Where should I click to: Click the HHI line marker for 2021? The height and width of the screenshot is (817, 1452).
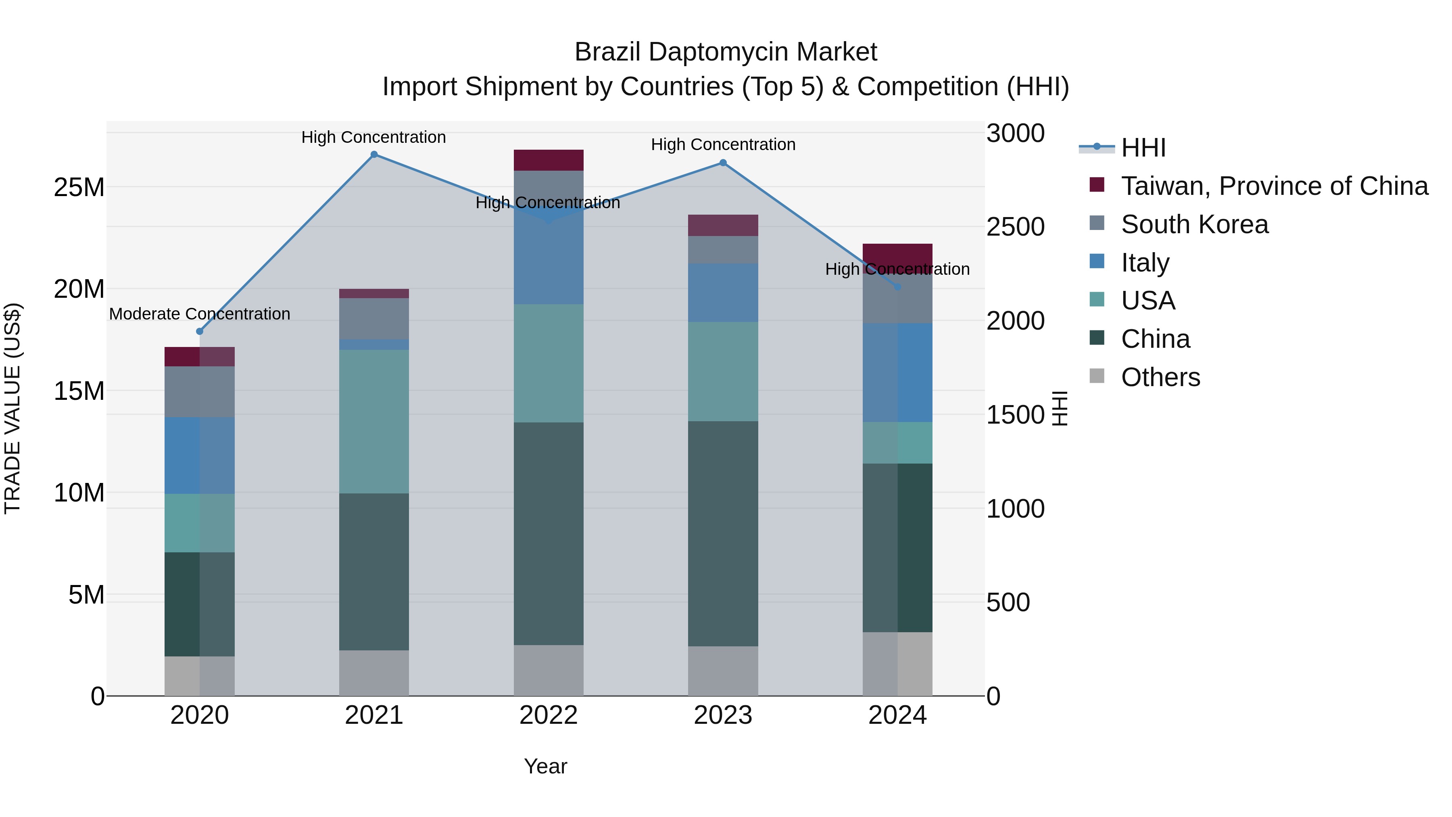pos(374,155)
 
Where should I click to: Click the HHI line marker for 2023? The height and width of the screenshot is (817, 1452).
pos(723,163)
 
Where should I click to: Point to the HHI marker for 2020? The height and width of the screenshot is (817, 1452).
pos(200,332)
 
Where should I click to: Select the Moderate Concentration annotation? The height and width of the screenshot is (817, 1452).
pos(200,314)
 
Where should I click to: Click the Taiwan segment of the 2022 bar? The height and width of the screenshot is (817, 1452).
pos(549,160)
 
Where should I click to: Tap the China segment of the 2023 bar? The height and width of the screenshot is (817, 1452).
pos(723,533)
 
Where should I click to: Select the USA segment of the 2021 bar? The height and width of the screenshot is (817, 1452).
pos(374,421)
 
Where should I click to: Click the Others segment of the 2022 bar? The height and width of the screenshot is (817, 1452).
pos(549,671)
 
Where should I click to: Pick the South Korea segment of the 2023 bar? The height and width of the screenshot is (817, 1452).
pos(723,250)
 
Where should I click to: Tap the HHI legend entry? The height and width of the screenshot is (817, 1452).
pos(1143,148)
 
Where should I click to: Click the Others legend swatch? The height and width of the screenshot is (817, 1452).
pos(1097,376)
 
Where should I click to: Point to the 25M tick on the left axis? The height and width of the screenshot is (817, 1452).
pos(79,187)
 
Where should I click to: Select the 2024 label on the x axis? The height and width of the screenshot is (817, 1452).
pos(897,715)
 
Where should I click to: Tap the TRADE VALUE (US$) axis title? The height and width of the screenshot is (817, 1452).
pos(13,408)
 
